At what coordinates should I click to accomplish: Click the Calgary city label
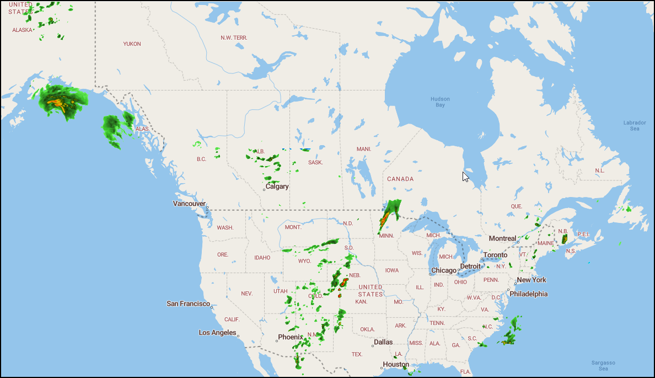277,187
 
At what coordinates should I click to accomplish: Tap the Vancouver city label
189,204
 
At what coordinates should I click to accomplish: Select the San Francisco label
189,304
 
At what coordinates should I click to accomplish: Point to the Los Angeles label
218,333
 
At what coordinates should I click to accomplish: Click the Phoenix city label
291,337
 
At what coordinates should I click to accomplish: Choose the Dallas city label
383,342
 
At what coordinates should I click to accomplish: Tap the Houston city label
396,365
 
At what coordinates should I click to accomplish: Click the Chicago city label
444,270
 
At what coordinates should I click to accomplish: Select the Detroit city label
470,267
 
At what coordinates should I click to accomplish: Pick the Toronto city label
495,255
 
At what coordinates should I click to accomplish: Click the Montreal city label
503,238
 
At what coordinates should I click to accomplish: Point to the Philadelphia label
528,294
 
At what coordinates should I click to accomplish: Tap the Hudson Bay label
440,102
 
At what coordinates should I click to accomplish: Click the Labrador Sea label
635,125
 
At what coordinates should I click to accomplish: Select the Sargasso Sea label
603,365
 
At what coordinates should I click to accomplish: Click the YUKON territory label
132,44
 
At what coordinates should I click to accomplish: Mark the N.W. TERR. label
234,38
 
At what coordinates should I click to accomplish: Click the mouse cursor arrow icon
465,177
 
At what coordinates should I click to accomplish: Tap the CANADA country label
400,179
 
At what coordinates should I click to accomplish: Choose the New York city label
531,280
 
